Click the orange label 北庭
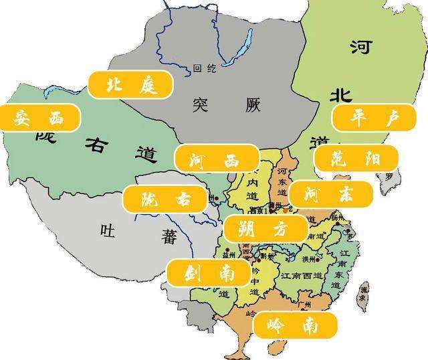pos(130,84)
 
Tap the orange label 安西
pos(39,118)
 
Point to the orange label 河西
pos(216,159)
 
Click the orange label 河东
pos(330,195)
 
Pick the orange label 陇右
pos(165,199)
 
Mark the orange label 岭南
pos(295,326)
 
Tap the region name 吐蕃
pos(126,232)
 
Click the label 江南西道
pos(302,275)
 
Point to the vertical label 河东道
pos(282,182)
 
